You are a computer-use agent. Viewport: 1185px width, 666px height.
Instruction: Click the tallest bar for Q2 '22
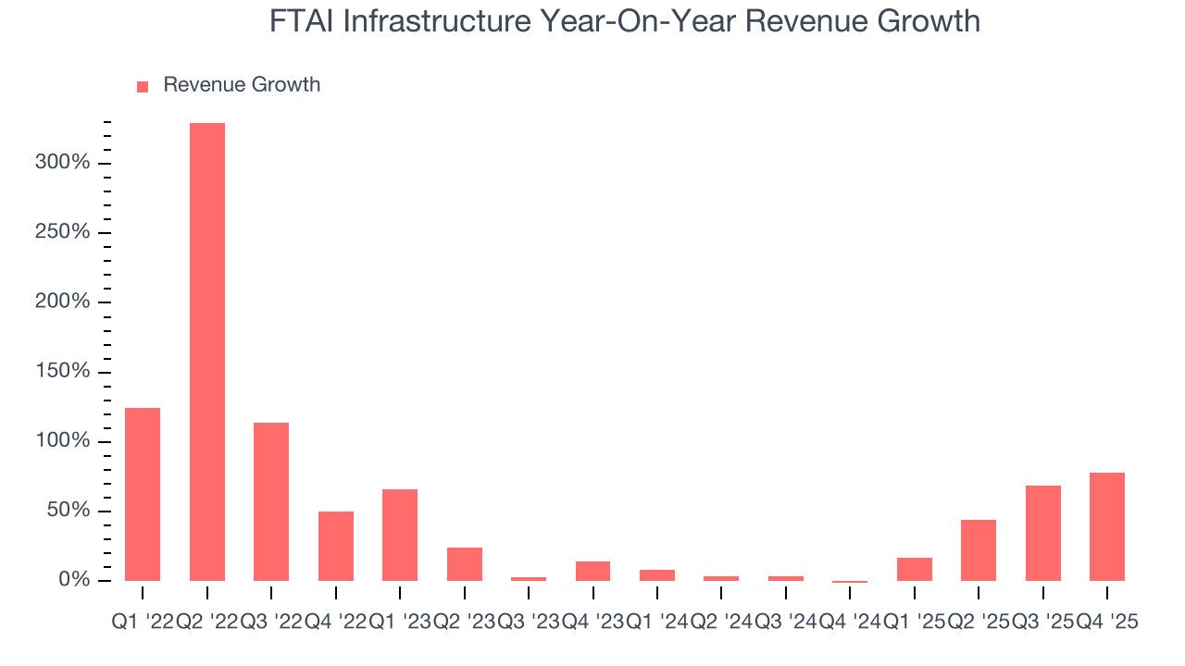206,351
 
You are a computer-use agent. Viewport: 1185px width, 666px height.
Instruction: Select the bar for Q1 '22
143,494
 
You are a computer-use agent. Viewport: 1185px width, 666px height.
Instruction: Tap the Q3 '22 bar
271,501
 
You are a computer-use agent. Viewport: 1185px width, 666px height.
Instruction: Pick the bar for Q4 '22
336,546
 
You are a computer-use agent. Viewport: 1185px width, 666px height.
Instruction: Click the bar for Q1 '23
400,535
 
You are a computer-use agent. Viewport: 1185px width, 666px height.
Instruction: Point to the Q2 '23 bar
465,564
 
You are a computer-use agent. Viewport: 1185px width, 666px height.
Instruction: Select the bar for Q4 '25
1107,526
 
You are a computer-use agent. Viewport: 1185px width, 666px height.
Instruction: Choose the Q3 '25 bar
1043,533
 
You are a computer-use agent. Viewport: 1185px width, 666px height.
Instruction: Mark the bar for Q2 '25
979,550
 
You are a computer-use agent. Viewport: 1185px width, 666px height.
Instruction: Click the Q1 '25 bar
915,569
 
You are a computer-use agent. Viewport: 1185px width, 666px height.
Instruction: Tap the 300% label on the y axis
63,163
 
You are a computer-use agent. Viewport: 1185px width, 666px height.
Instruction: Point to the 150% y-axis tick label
63,372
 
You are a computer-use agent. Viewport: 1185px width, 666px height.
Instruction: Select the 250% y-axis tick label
63,232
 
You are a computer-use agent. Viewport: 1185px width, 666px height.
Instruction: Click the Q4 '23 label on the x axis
592,623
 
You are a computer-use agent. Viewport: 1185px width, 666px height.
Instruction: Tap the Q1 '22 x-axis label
142,623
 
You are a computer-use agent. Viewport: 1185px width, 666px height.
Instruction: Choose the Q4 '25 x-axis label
1107,623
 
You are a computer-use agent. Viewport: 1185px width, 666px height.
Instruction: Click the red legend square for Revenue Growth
143,86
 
